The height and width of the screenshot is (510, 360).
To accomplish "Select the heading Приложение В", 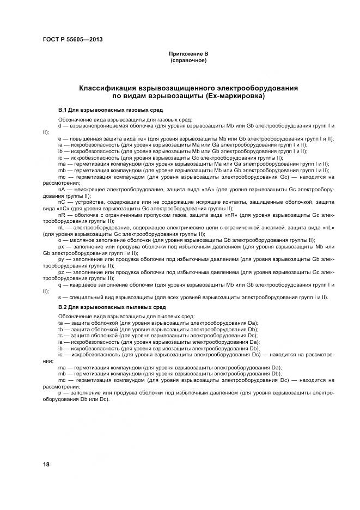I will (x=188, y=54).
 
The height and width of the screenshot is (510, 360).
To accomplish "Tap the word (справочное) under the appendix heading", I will (x=188, y=60).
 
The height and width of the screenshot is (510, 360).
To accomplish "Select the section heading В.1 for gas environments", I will (x=99, y=110).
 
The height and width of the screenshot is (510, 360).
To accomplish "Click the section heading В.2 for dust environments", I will (x=99, y=307).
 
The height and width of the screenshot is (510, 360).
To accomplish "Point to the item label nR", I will (x=62, y=215).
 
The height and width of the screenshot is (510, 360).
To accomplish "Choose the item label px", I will (x=62, y=246).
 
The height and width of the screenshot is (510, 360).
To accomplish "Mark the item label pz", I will (x=62, y=271).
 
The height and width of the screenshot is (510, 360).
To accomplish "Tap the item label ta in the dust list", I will (x=60, y=323).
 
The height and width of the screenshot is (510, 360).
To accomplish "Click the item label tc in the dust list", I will (x=60, y=335).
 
